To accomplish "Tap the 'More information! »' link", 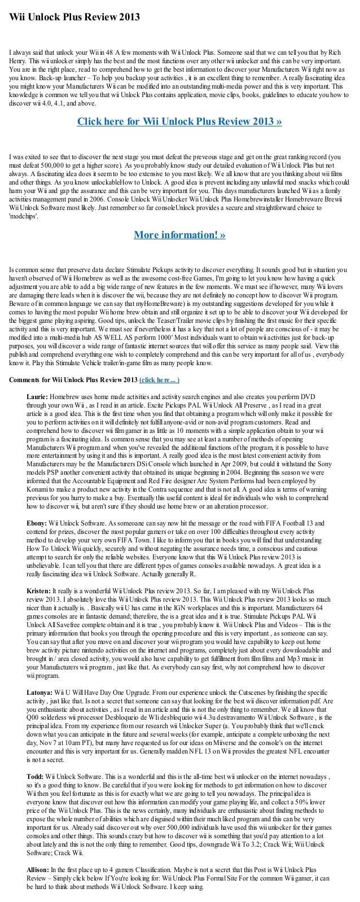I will tap(179, 235).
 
